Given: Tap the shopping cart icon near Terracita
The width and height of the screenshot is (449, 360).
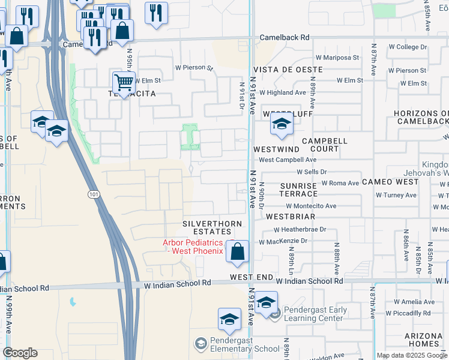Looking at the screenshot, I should (x=123, y=82).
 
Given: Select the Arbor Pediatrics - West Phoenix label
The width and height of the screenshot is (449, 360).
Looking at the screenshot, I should (x=193, y=247).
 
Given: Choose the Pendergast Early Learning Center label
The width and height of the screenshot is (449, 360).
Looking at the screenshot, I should (x=316, y=314).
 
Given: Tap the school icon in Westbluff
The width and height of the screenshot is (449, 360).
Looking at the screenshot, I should (x=280, y=124).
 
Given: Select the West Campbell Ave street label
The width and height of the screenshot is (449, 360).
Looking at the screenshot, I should (x=288, y=160).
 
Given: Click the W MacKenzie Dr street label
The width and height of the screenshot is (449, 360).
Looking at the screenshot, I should (x=283, y=242).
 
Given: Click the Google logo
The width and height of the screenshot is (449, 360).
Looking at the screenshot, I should (x=20, y=353).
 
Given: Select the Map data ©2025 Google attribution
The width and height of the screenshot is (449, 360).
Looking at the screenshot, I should (x=412, y=355).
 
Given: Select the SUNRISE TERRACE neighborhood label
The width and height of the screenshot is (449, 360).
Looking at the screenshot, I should (x=298, y=190).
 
